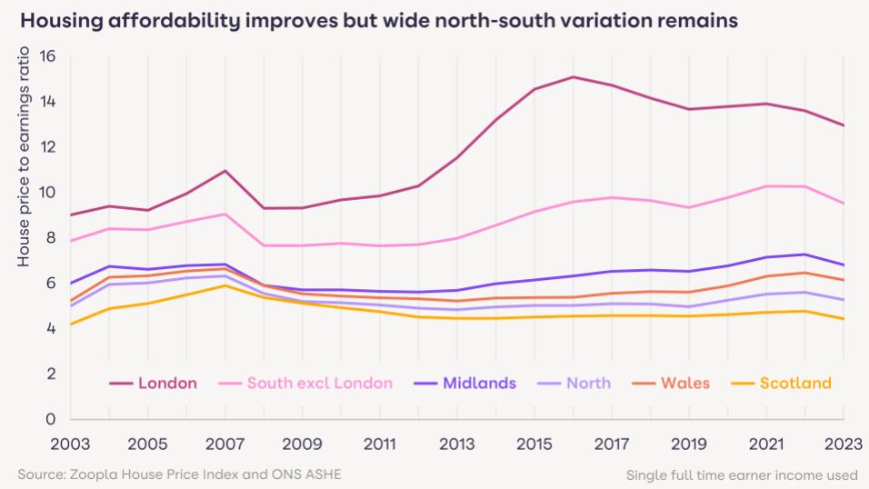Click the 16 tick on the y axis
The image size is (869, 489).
coord(46,56)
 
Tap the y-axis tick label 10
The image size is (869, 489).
coord(46,193)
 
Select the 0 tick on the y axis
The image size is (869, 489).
coord(50,419)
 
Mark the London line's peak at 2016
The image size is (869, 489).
coord(574,77)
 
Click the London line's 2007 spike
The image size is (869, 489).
coord(225,171)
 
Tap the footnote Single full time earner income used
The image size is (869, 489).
coord(742,474)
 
